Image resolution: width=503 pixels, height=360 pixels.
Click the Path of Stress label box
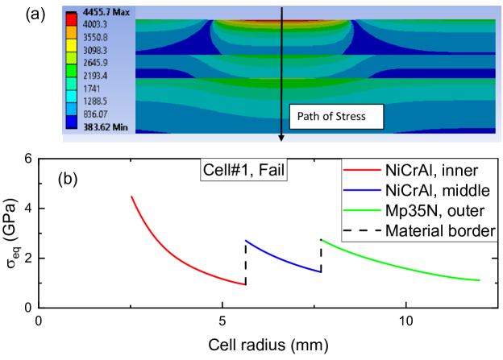pos(333,117)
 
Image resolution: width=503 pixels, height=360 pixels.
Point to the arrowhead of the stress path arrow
pos(281,137)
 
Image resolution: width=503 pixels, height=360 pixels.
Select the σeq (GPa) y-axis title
pos(10,233)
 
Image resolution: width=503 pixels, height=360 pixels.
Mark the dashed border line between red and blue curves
pos(245,262)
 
